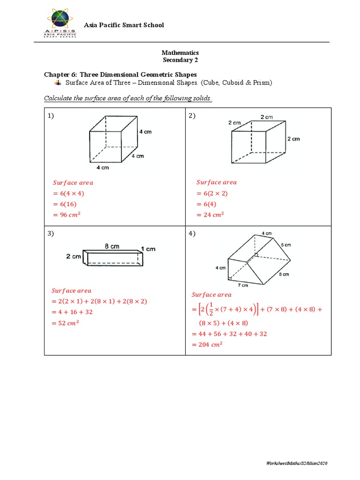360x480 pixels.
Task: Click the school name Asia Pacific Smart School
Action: [x=123, y=25]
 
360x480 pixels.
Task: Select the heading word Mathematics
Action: [x=180, y=53]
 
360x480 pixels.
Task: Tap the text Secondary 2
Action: [x=180, y=60]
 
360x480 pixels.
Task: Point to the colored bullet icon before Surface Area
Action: [x=58, y=82]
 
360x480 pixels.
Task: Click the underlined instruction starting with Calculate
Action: [x=128, y=98]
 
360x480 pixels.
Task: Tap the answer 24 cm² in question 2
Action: [x=210, y=215]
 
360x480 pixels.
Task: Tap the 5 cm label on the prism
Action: [x=286, y=244]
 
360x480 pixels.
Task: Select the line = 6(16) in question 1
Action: [x=64, y=204]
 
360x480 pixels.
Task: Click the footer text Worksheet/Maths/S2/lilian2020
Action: [x=296, y=463]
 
